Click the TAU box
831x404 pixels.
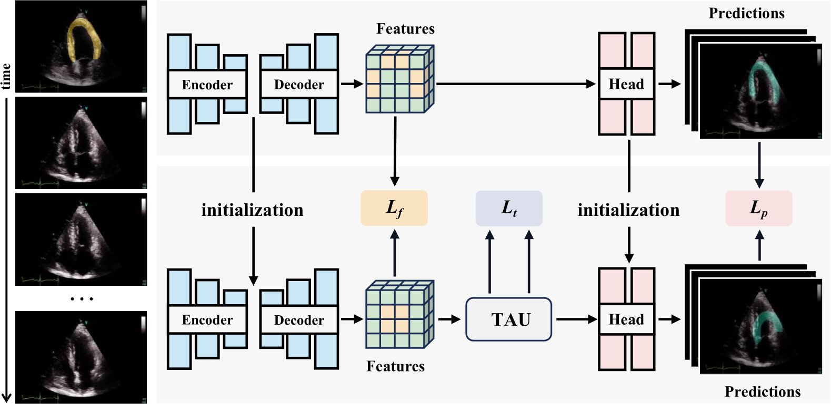pyautogui.click(x=508, y=319)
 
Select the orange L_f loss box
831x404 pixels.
pyautogui.click(x=394, y=208)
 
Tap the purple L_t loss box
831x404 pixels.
pyautogui.click(x=509, y=208)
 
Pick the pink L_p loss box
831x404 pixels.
pyautogui.click(x=758, y=208)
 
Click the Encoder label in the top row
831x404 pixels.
pyautogui.click(x=207, y=85)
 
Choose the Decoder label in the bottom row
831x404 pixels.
pyautogui.click(x=299, y=320)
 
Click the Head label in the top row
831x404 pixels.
pyautogui.click(x=626, y=84)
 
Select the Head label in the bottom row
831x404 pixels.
pyautogui.click(x=626, y=319)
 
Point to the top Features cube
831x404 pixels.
pyautogui.click(x=399, y=79)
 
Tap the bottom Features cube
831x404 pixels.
pyautogui.click(x=399, y=315)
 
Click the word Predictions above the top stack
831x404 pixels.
pyautogui.click(x=746, y=14)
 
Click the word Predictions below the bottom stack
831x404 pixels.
pyautogui.click(x=763, y=392)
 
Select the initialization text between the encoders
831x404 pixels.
pyautogui.click(x=252, y=210)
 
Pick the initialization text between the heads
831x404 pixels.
pyautogui.click(x=628, y=210)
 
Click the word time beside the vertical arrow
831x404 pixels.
pyautogui.click(x=6, y=76)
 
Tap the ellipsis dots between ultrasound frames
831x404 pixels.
pyautogui.click(x=82, y=299)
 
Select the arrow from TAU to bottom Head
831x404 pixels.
pyautogui.click(x=576, y=319)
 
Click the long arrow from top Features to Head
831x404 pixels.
pyautogui.click(x=516, y=84)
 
